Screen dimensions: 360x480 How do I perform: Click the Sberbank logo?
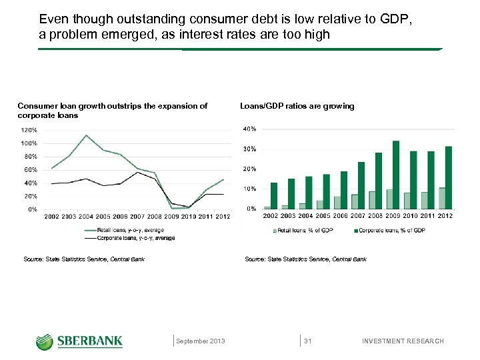point(79,341)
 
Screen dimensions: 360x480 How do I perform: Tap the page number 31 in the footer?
point(308,341)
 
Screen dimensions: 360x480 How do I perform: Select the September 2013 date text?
point(200,341)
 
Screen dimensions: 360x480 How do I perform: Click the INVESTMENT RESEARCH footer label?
point(402,341)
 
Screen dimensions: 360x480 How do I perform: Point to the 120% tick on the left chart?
point(28,130)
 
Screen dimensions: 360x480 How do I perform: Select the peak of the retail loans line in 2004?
point(86,135)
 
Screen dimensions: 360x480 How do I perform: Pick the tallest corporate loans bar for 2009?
point(396,175)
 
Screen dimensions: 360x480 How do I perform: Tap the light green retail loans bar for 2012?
point(442,199)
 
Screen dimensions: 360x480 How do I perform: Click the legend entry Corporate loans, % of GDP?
point(392,230)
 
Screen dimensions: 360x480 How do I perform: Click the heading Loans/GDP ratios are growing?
point(297,106)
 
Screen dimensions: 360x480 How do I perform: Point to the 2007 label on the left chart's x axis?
point(137,217)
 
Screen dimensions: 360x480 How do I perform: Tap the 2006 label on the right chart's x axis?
point(341,216)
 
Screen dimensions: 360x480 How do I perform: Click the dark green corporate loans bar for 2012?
point(449,177)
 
